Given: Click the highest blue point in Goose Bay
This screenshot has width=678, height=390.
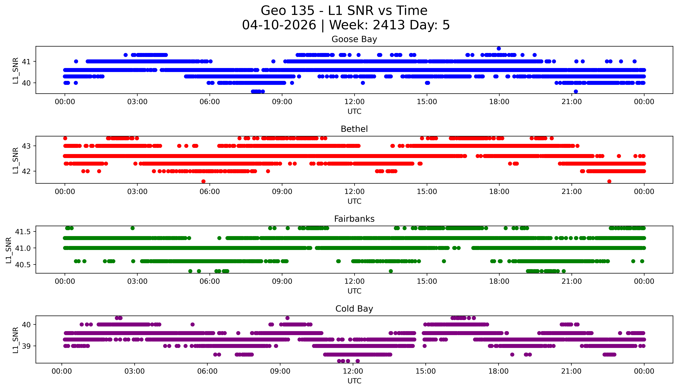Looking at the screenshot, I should [499, 48].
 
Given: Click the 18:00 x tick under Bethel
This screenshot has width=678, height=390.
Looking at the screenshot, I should [499, 192].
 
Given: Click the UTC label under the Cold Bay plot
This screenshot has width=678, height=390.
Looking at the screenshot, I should [354, 381].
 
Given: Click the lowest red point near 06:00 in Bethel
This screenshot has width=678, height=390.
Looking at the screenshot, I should [203, 181].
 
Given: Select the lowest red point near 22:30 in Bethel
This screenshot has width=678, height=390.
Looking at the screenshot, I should [609, 181].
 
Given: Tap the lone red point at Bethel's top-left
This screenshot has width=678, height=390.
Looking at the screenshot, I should [65, 138].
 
